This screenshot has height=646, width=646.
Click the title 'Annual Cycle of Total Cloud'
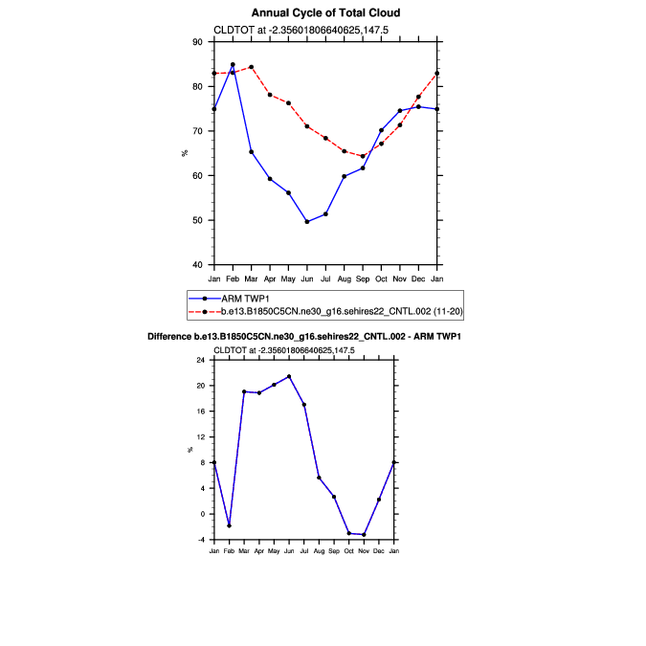[x=325, y=13]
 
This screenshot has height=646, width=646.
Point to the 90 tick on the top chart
[x=197, y=42]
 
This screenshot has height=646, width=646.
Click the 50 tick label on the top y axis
[x=197, y=220]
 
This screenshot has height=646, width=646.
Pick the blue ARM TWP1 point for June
[x=307, y=222]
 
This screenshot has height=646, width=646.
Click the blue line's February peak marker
[x=233, y=65]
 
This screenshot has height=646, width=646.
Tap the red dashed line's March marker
[x=251, y=67]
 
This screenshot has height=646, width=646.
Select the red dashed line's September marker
[x=363, y=156]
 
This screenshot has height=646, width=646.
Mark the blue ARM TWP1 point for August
[x=345, y=176]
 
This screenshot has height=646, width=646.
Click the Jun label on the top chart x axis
[x=307, y=278]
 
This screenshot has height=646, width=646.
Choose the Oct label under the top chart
[x=381, y=278]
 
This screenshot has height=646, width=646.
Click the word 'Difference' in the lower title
[x=176, y=338]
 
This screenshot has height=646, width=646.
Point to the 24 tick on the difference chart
[x=200, y=361]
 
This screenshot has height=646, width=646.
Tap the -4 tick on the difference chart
[x=200, y=540]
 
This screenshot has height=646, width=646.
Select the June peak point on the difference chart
[x=289, y=376]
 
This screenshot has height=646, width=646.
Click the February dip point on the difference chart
[x=230, y=525]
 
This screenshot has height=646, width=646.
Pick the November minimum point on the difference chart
[x=365, y=534]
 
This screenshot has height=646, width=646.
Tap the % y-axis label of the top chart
[x=185, y=153]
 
